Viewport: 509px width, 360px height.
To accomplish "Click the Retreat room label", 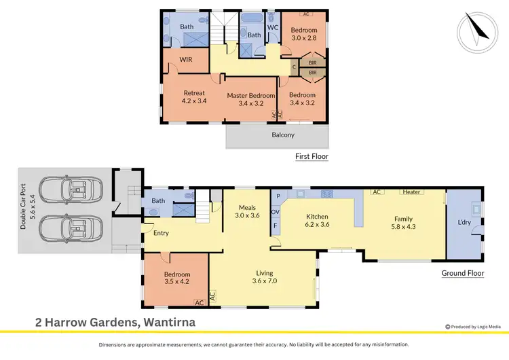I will tap(193, 96).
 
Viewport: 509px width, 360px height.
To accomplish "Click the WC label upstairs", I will tap(273, 27).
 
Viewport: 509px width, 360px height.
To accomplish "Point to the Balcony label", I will tap(284, 134).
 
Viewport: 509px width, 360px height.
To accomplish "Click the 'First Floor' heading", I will tap(312, 156).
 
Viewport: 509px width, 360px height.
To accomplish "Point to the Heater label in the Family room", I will tap(411, 192).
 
